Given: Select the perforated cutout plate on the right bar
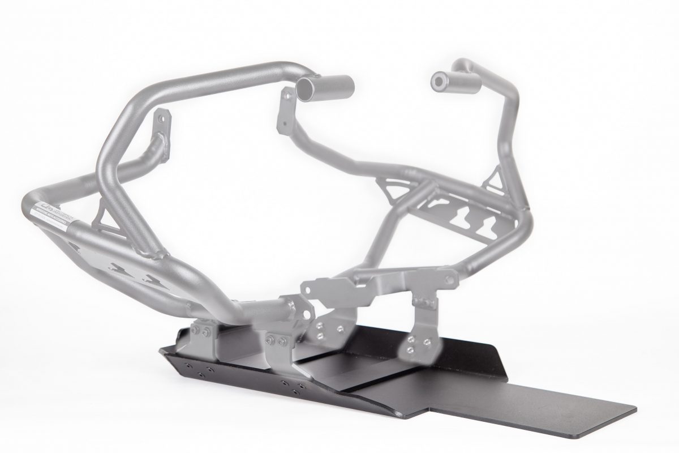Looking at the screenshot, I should (x=470, y=218).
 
